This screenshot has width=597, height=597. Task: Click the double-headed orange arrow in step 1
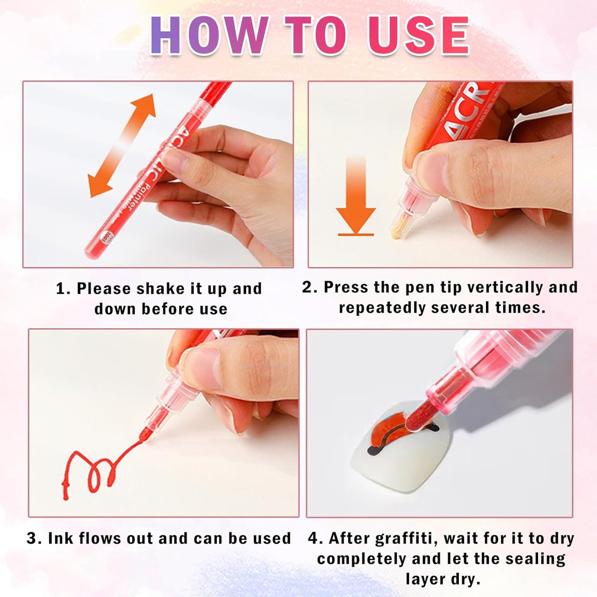tap(121, 145)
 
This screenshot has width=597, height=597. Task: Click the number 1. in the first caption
tap(63, 289)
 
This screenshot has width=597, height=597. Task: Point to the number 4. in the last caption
tap(316, 538)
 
